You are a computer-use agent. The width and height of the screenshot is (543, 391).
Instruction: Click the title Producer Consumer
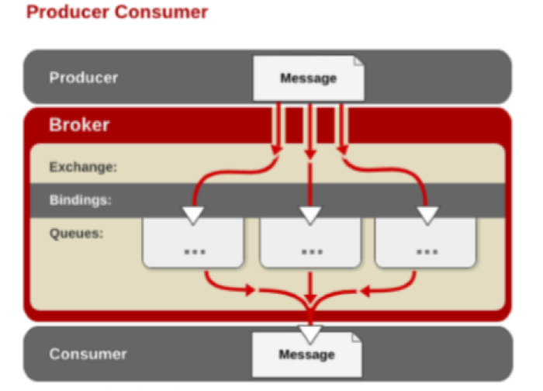click(x=117, y=12)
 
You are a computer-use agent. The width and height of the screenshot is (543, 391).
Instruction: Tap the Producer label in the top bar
click(x=84, y=78)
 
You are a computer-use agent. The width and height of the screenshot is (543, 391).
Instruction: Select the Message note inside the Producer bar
click(x=309, y=78)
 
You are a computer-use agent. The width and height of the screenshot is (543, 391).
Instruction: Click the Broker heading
click(x=79, y=125)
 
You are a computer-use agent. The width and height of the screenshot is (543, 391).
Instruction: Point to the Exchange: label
click(x=84, y=167)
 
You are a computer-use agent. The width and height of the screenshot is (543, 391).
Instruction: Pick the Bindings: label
click(x=81, y=200)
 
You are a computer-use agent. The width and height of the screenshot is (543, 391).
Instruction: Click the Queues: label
click(x=77, y=233)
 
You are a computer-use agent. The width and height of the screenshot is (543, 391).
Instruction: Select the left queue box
click(x=193, y=243)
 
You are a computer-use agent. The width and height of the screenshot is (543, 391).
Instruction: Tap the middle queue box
click(x=310, y=243)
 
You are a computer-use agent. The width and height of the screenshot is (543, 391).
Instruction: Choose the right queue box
click(x=426, y=243)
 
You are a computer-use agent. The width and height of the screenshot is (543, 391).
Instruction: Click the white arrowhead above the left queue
click(x=193, y=216)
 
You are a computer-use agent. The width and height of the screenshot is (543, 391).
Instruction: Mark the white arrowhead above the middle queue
click(x=310, y=216)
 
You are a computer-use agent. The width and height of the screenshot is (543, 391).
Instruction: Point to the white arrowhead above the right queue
click(x=427, y=216)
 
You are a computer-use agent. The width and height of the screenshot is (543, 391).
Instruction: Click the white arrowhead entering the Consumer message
click(x=310, y=334)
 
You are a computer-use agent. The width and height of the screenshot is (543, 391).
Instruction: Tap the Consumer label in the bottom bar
click(x=88, y=354)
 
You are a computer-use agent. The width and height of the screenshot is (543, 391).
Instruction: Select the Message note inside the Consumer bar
click(x=307, y=355)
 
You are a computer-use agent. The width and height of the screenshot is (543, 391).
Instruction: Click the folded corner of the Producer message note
click(x=358, y=61)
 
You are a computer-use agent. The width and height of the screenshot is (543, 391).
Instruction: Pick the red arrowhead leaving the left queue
click(x=250, y=290)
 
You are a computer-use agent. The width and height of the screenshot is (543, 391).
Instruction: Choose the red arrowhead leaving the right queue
click(x=365, y=292)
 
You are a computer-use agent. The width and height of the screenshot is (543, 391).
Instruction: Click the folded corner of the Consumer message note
click(x=357, y=337)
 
